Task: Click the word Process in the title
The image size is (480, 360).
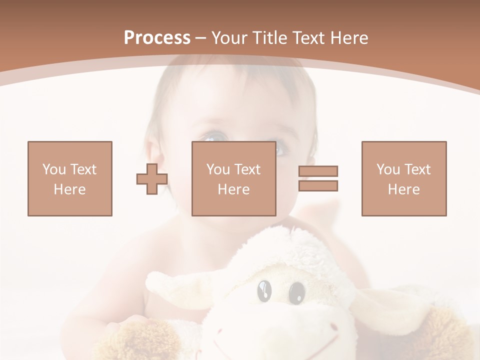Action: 157,38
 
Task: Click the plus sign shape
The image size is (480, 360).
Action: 152,179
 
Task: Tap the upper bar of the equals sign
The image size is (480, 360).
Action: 318,171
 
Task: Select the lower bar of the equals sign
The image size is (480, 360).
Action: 318,186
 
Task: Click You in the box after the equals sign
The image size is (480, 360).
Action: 388,169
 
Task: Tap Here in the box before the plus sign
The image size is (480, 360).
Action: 70,189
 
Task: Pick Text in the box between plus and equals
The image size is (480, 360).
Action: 247,169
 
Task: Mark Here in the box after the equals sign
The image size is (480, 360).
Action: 404,189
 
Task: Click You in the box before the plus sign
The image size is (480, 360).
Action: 54,169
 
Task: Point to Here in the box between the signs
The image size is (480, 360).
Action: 234,189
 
